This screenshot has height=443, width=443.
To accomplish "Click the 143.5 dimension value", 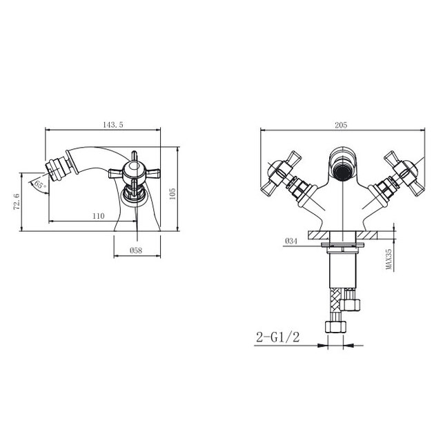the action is click(x=112, y=125).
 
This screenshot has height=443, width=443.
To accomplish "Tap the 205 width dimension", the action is click(x=341, y=125).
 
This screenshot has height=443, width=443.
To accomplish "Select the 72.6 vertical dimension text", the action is click(x=17, y=201).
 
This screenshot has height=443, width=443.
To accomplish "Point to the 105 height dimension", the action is click(x=172, y=194).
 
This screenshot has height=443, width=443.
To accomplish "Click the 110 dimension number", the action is click(x=98, y=216).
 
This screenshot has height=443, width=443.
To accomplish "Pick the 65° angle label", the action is click(x=40, y=186).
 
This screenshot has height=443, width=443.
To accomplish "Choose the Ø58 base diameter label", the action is click(x=136, y=250).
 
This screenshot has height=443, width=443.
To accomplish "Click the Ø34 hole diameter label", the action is click(x=291, y=241).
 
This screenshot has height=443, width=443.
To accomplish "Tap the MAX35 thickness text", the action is click(x=389, y=259).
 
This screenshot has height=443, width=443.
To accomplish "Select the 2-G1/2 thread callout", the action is click(x=277, y=337).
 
